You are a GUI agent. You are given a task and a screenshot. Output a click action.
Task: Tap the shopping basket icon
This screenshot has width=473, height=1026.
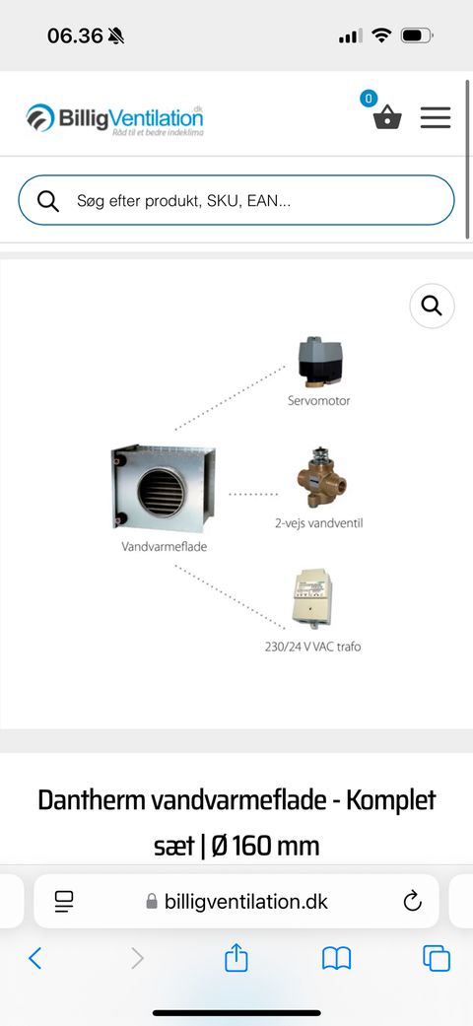point(387,118)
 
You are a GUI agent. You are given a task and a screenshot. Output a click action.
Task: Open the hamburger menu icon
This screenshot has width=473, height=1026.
point(435,117)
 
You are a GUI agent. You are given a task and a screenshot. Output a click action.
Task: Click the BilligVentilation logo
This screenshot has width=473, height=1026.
point(115,118)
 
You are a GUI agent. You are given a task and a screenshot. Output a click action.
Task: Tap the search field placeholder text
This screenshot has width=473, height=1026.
point(184,201)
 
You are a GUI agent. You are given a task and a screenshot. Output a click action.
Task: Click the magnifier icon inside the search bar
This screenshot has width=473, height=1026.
point(48,201)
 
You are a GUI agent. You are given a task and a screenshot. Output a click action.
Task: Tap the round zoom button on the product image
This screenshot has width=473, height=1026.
point(432,306)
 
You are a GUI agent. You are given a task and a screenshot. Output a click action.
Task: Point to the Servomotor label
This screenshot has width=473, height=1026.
point(318,400)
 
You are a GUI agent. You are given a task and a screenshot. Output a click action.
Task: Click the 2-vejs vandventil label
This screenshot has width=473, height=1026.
point(318,523)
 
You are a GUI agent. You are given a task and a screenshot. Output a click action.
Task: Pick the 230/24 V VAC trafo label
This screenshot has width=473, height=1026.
point(312,648)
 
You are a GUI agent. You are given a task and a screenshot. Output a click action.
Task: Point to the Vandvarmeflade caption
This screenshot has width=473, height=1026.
point(165,546)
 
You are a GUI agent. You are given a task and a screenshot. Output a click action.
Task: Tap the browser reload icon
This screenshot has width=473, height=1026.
point(412,902)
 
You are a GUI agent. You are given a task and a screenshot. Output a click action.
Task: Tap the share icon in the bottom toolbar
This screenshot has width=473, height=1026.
point(236,958)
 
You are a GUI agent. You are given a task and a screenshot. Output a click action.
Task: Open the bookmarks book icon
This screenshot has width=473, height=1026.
point(336,959)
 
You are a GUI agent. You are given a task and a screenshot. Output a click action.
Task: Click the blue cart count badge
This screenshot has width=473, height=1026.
point(369,99)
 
